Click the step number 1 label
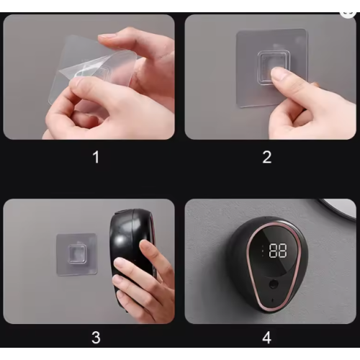click(x=96, y=157)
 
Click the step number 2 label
click(x=267, y=157)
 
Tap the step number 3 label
click(x=96, y=338)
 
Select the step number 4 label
click(x=267, y=338)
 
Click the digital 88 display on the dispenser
click(x=278, y=251)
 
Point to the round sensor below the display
click(x=273, y=284)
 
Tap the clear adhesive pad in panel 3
click(x=76, y=254)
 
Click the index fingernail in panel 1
click(x=107, y=36)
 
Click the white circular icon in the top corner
click(x=348, y=13)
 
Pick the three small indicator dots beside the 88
click(x=263, y=251)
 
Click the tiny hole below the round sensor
click(x=272, y=300)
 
